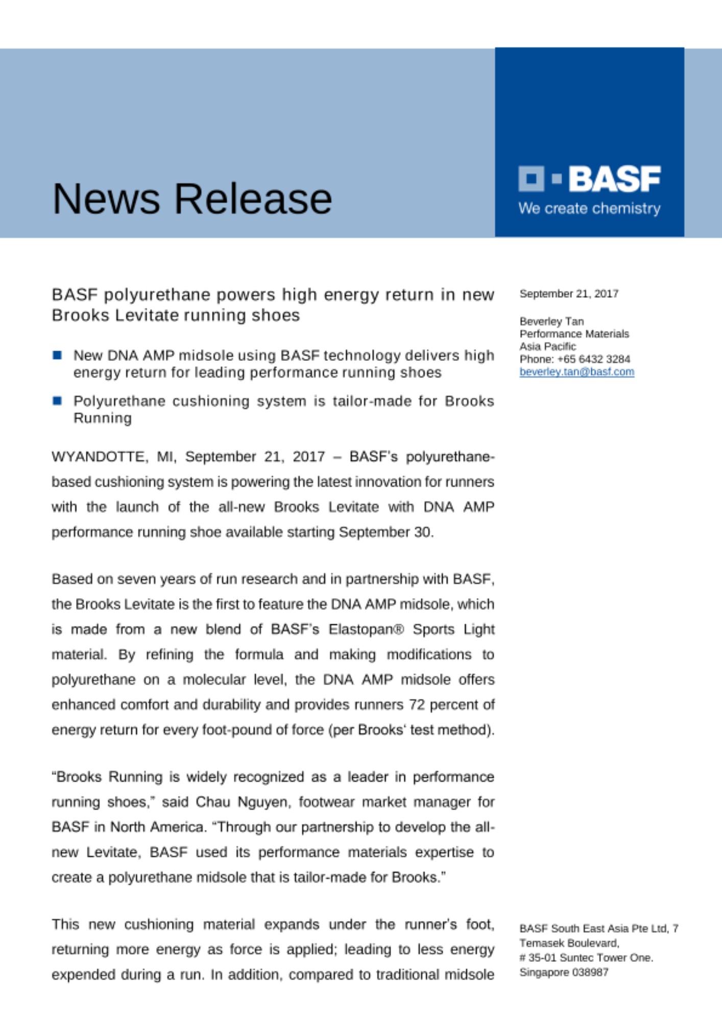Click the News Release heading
(192, 199)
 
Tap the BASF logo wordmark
(614, 179)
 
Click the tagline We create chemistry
(589, 208)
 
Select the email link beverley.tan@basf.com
(576, 372)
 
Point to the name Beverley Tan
(551, 321)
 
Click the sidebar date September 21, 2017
(569, 294)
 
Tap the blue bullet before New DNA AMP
(57, 355)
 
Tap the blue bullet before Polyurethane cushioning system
(57, 401)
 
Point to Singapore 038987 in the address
(564, 972)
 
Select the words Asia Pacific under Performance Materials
(547, 346)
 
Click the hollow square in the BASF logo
(531, 179)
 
